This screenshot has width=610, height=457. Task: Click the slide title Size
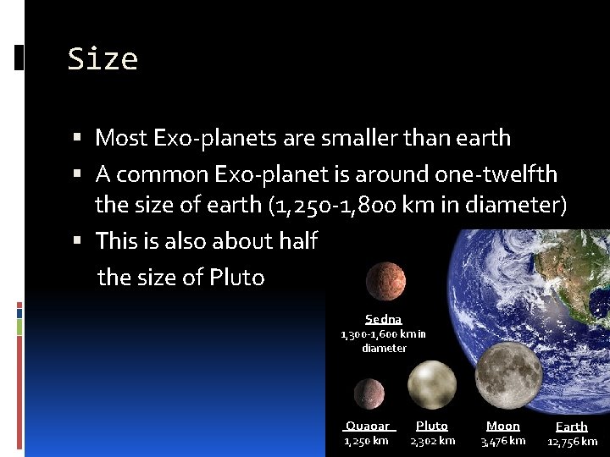(103, 59)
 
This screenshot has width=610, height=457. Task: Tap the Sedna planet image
(385, 282)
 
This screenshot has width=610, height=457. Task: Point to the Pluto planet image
(431, 386)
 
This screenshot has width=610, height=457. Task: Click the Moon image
(507, 375)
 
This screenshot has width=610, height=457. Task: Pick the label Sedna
(383, 319)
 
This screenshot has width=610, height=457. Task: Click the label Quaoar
(368, 427)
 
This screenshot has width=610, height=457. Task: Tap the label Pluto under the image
(432, 427)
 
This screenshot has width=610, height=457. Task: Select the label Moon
(503, 427)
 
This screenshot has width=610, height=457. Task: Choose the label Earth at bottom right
(571, 427)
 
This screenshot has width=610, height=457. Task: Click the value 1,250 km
(366, 441)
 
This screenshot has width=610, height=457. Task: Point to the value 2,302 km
(433, 441)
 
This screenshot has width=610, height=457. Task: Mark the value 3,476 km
(503, 441)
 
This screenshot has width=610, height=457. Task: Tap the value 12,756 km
(572, 442)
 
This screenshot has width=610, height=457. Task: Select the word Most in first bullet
(119, 137)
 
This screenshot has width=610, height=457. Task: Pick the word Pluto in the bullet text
(237, 278)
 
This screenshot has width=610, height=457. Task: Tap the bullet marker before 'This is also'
(77, 241)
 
